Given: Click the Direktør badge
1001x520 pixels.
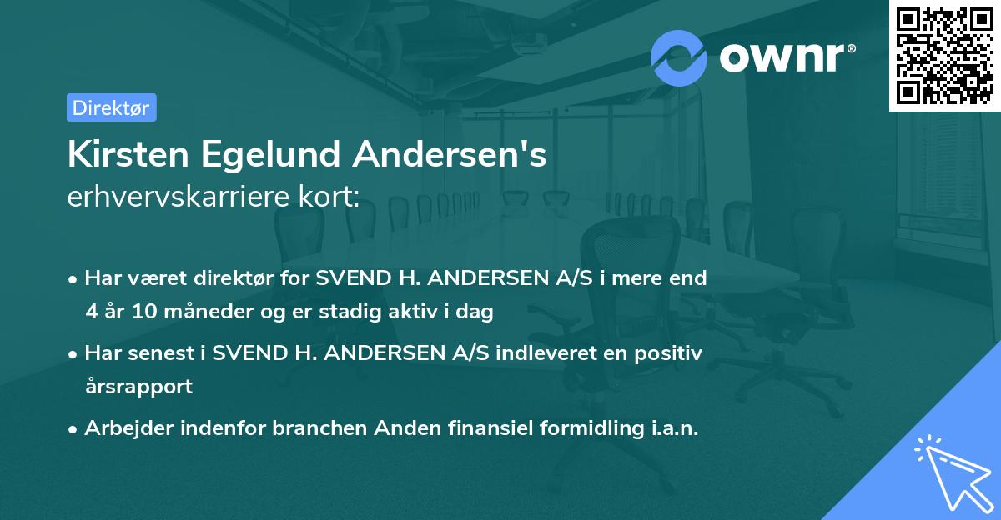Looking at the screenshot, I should tap(111, 107).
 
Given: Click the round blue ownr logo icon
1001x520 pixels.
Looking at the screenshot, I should tap(679, 57).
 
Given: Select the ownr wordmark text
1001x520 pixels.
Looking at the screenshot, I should tap(785, 58).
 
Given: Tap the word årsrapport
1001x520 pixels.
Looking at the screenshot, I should tap(138, 386).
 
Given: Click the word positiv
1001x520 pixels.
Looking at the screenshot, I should tap(672, 353).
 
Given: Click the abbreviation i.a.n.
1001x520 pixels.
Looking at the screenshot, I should tap(672, 428).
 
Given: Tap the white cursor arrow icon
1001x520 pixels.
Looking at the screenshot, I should tap(951, 472).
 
